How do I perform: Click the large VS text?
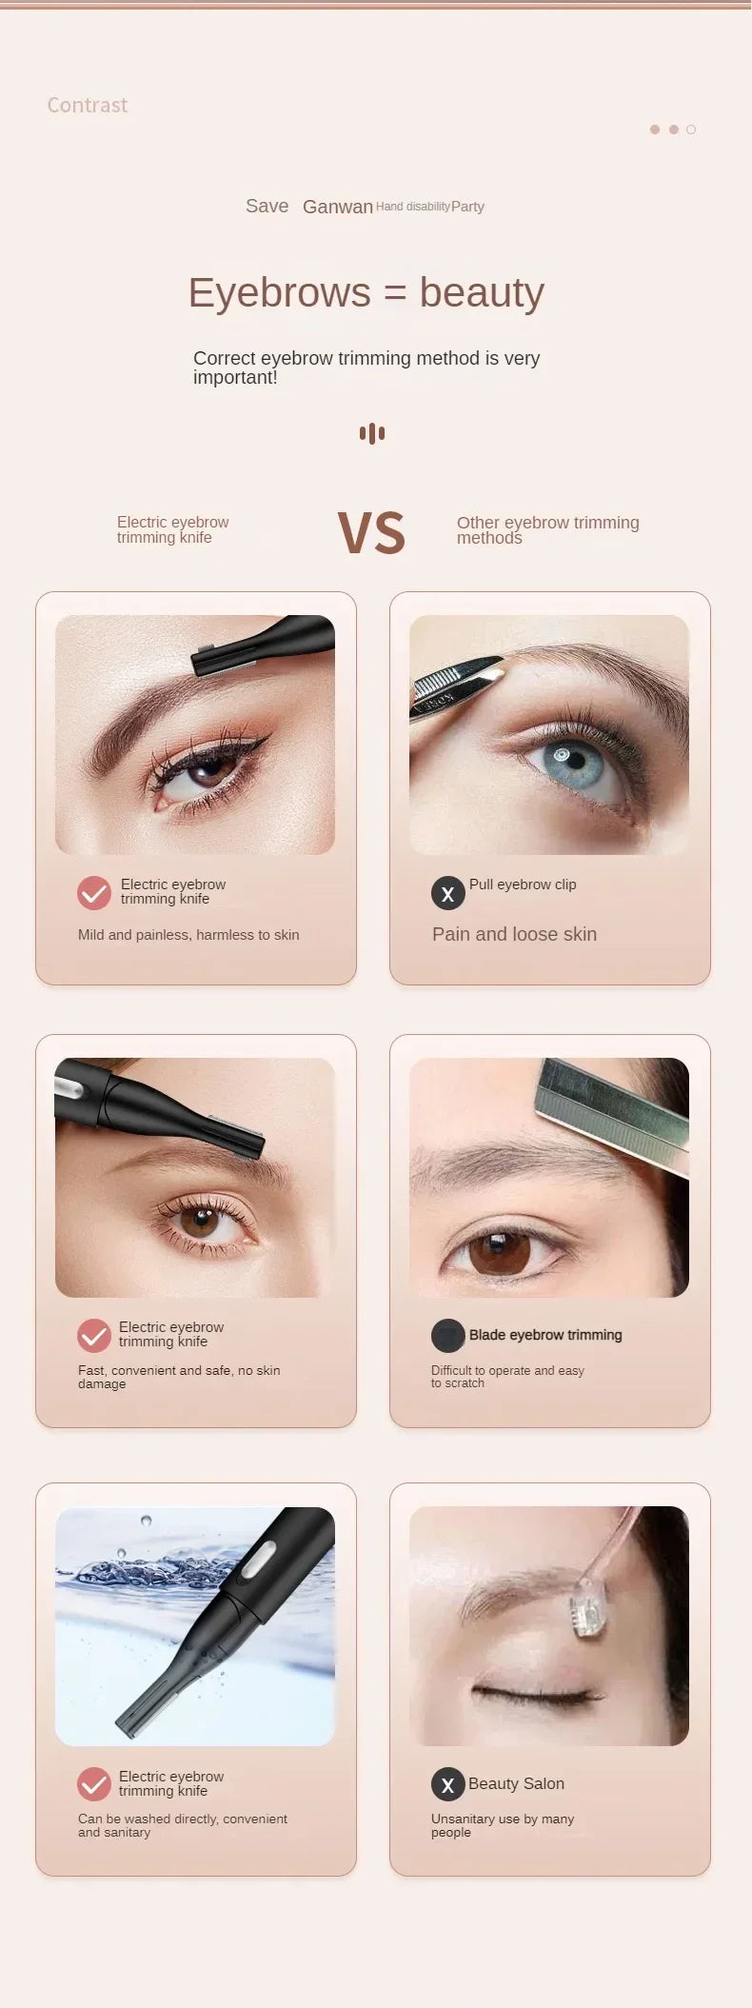[x=371, y=533]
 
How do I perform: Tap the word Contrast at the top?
[x=87, y=106]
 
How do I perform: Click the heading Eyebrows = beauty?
[x=366, y=292]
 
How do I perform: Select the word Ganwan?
[x=337, y=207]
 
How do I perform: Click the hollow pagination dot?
[x=691, y=129]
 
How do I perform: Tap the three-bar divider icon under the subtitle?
[x=372, y=433]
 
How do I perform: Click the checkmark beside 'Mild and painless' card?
[x=94, y=893]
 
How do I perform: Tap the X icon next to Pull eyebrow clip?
[x=447, y=894]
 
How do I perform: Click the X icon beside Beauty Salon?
[x=447, y=1784]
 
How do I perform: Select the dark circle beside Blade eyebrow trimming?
[x=447, y=1336]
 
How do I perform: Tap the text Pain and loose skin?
[x=514, y=934]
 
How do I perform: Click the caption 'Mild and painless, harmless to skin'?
[x=188, y=935]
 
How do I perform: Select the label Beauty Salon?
[x=516, y=1783]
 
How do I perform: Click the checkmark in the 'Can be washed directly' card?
[x=94, y=1784]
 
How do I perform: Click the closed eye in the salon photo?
[x=538, y=1693]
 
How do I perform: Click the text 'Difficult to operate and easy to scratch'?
[x=506, y=1377]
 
